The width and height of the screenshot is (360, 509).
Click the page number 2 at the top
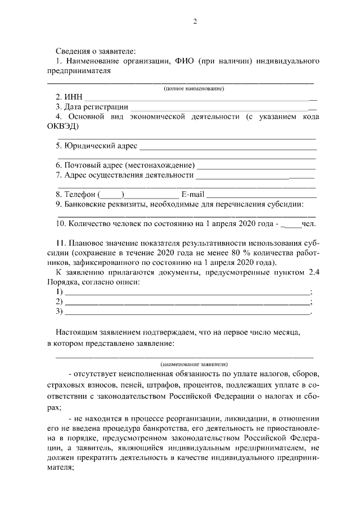tap(194, 22)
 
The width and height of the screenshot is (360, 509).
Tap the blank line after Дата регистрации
tap(223, 107)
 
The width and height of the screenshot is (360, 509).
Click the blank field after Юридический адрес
tap(227, 147)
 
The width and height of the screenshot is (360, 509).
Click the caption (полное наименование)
tap(194, 88)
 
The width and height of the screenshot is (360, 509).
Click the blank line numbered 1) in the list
tap(187, 292)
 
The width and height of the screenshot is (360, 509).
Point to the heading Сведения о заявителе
tap(96, 51)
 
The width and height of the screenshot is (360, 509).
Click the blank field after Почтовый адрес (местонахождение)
tap(256, 166)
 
